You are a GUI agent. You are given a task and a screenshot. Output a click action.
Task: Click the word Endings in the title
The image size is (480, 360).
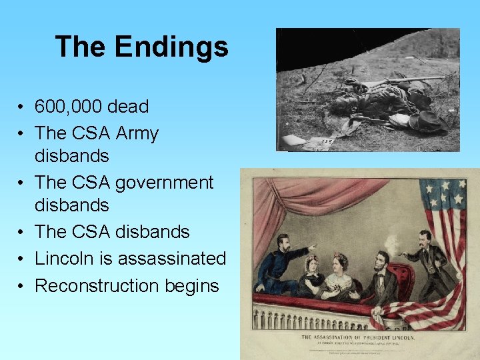coord(171,47)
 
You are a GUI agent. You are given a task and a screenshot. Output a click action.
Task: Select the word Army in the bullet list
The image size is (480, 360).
coord(137,133)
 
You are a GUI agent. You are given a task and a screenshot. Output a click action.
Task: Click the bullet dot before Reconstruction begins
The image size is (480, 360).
coord(22,286)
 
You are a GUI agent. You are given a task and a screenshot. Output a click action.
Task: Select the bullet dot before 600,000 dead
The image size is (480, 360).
coord(22,107)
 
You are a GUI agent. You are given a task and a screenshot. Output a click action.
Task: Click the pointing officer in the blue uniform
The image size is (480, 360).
coord(281,264)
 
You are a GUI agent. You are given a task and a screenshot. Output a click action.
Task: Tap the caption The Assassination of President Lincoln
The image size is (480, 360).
coord(359,338)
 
